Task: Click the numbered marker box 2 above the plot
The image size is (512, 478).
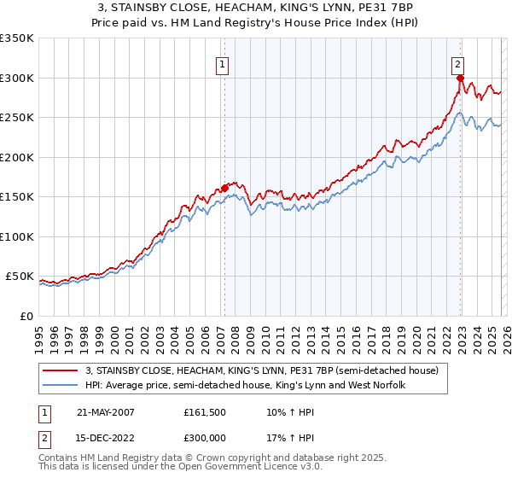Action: click(x=458, y=62)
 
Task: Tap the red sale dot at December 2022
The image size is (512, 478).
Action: click(x=460, y=78)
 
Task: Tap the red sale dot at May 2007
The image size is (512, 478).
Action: click(x=224, y=188)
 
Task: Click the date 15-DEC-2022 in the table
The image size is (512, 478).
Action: click(x=107, y=441)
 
